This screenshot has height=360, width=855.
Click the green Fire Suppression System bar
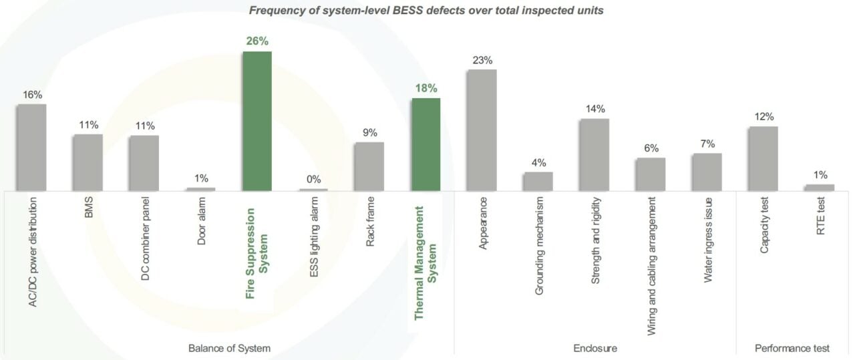click(x=257, y=120)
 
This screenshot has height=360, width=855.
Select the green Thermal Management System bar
click(x=425, y=144)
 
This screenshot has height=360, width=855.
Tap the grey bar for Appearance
click(x=482, y=130)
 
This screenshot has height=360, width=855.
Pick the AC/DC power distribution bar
click(x=31, y=147)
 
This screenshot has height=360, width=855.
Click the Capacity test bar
click(x=763, y=158)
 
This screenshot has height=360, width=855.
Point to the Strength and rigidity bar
click(x=594, y=154)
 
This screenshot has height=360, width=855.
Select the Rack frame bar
click(x=369, y=166)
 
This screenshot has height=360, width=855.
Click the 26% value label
click(x=257, y=41)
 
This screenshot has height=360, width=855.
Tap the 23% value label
click(x=482, y=60)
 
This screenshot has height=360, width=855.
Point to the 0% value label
click(x=313, y=179)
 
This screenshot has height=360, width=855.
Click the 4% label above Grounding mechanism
click(x=538, y=162)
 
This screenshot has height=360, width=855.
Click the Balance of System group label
click(x=229, y=349)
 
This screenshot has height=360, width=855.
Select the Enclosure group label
click(x=595, y=349)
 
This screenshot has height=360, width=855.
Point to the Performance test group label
click(x=792, y=349)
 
